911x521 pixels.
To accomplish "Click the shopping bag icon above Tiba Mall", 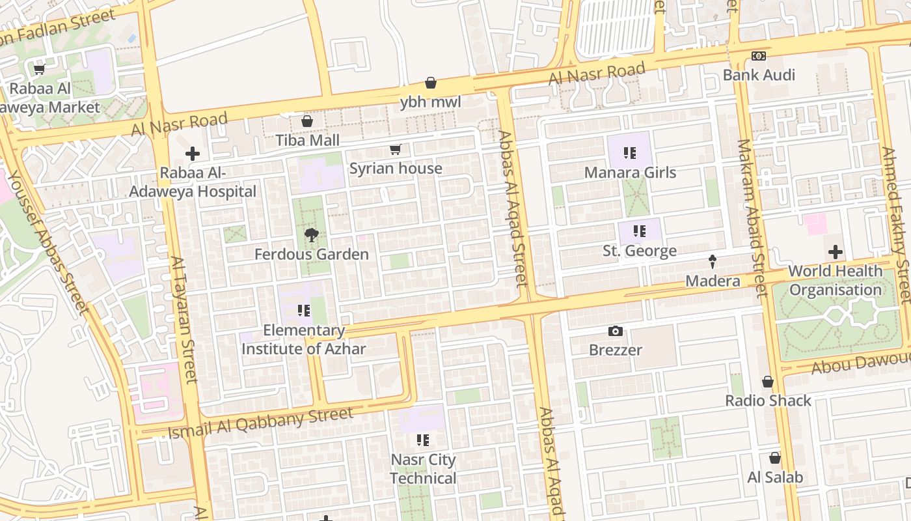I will point(307,121).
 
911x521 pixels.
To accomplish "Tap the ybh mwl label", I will point(430,102).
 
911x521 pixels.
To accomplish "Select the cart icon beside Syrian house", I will point(395,150).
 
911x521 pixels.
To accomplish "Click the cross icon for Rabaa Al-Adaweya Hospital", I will point(192,154).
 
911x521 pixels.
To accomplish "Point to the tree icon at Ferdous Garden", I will point(312,235).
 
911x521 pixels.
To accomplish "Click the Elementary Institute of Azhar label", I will point(303,339).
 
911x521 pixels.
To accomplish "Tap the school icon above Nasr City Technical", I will point(423,440).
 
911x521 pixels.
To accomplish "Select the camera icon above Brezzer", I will point(615,331).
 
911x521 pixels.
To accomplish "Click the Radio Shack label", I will point(768,401).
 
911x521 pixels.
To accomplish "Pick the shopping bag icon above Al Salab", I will point(774,458).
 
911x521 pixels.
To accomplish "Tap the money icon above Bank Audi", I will point(758,56).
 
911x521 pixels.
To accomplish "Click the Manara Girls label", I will point(630,173).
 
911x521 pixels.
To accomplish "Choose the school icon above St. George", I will point(639,231).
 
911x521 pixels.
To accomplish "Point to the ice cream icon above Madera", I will point(713,262).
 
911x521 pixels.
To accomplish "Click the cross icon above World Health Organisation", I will point(836,252).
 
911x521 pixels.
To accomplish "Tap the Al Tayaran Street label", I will point(184,319).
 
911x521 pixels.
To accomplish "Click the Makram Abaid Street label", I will point(753,218).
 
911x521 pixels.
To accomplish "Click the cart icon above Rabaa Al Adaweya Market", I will point(39,70).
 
